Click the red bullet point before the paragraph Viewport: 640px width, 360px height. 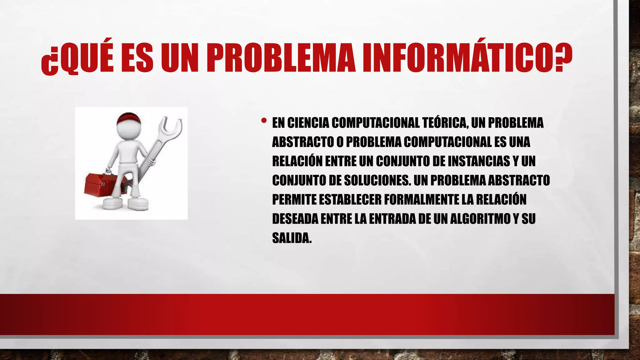(264, 120)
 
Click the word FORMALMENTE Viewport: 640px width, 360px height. (422, 200)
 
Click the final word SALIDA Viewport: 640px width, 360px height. (292, 238)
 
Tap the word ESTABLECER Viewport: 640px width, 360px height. (350, 200)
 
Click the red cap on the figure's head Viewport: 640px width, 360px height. (128, 118)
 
